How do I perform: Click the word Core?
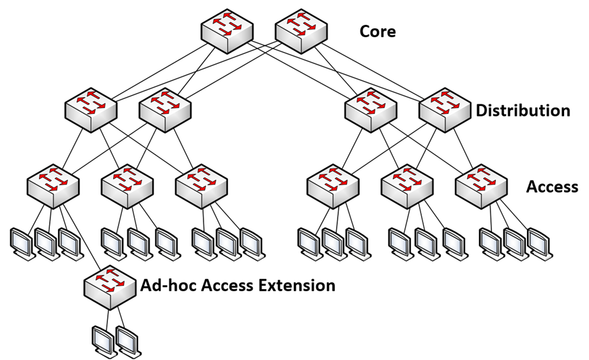click(x=377, y=32)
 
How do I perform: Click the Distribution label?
click(x=522, y=111)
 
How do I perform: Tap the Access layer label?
click(x=552, y=187)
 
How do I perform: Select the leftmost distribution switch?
click(x=90, y=107)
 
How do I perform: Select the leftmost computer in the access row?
click(x=22, y=243)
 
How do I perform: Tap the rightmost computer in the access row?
click(x=538, y=243)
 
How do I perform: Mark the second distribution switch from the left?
click(x=164, y=107)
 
